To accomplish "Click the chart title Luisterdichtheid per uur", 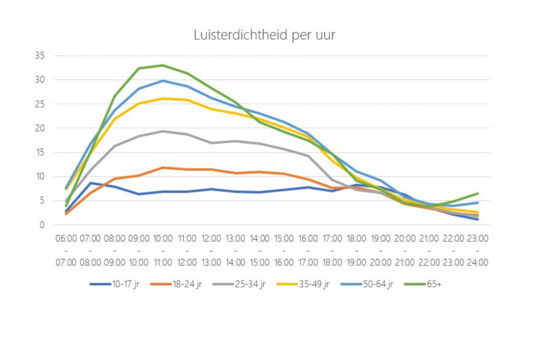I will coord(264,35).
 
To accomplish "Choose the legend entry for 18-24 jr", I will coord(177,285).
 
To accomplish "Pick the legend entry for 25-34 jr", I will coord(240,285).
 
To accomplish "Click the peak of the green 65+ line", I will coord(163,65).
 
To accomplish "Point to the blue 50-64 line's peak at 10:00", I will coord(163,81).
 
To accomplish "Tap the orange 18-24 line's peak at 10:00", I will coord(163,168).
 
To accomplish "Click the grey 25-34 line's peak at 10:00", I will coord(163,131).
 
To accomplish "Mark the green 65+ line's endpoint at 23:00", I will coord(477,193).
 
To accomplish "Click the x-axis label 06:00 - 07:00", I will coord(67,250).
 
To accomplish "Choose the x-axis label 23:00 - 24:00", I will coord(477,250).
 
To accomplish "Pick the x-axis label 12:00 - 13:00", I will coord(211,250).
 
